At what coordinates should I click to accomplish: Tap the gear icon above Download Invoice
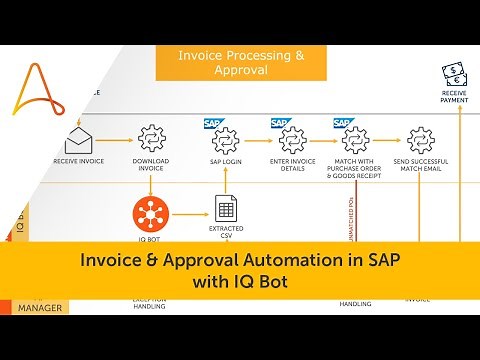click(150, 137)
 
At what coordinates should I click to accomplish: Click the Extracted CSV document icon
click(224, 208)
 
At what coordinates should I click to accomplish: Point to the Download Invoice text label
click(150, 164)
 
